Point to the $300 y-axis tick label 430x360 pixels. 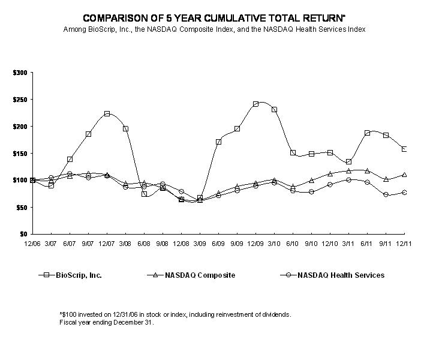tap(20, 73)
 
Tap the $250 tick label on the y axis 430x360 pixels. tap(20, 100)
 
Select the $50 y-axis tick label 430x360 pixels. tap(22, 207)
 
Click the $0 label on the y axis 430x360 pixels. tap(23, 234)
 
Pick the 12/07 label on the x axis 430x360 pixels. tap(107, 243)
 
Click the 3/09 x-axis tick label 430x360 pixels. tap(200, 243)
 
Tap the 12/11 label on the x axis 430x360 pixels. tap(405, 243)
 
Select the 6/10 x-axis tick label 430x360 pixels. tap(293, 243)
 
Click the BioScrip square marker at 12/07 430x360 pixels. tap(107, 113)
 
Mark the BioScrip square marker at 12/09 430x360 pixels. tap(255, 104)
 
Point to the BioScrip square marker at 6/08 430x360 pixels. tap(144, 194)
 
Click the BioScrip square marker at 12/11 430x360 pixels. tap(404, 149)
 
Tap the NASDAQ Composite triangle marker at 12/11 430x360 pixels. tap(404, 175)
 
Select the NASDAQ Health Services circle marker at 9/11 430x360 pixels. tap(386, 195)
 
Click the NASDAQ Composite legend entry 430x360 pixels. tap(190, 275)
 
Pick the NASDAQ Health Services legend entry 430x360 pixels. tap(333, 275)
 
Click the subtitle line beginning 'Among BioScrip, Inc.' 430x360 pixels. tap(215, 29)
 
